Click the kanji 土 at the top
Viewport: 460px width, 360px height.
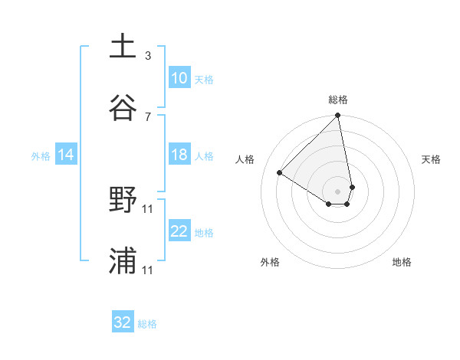123,45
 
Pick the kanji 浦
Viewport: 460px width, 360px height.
123,260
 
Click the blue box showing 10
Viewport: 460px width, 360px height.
179,78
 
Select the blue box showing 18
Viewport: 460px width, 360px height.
179,155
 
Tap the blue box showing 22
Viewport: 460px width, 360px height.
179,232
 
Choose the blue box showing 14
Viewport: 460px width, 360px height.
66,155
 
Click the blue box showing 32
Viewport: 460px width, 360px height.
123,322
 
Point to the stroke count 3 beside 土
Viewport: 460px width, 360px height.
148,55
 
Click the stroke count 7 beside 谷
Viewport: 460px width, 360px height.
148,116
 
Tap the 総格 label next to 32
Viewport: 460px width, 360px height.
147,324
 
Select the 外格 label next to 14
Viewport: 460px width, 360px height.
41,156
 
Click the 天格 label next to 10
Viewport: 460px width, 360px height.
203,79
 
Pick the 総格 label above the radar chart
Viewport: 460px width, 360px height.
338,100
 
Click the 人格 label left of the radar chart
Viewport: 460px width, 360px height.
245,159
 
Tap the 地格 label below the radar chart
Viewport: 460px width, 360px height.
402,262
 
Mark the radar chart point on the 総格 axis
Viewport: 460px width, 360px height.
338,116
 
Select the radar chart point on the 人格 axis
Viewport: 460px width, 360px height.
280,172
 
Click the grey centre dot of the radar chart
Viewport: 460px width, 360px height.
338,191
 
